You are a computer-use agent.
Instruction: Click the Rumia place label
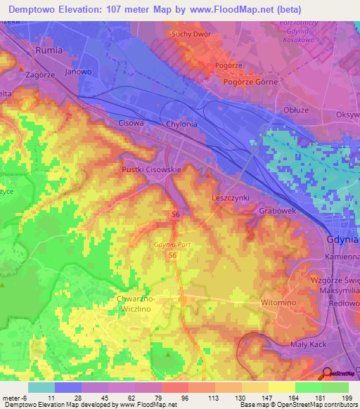(49, 51)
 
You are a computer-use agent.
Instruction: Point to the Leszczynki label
(231, 198)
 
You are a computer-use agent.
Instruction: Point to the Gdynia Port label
(172, 244)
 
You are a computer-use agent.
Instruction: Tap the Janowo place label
(78, 70)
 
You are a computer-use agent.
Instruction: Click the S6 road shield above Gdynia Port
(174, 214)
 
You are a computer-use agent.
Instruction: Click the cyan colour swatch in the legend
(41, 387)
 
